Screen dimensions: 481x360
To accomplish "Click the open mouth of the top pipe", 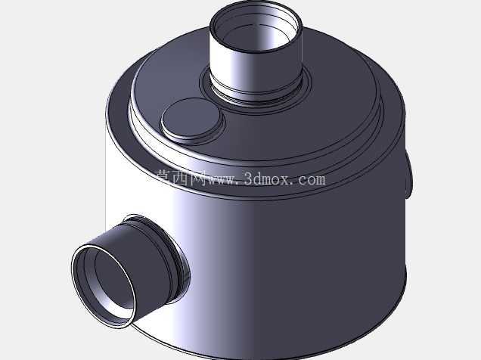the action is [x=256, y=26].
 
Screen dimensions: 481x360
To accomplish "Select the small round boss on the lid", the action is [x=191, y=119].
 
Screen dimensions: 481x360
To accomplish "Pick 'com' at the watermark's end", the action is [x=312, y=180].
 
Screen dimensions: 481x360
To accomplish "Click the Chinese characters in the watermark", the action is [x=181, y=178].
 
